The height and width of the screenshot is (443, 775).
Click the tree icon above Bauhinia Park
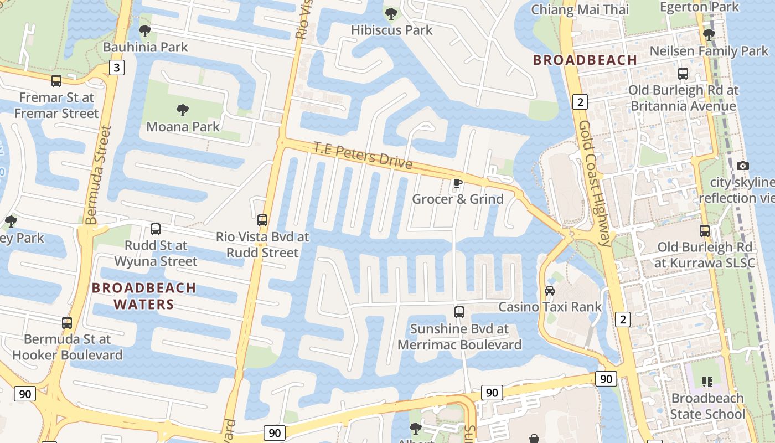click(145, 31)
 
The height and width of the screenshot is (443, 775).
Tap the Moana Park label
click(183, 126)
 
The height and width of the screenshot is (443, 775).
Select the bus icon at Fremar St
click(56, 81)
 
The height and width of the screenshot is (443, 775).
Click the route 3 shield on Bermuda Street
click(116, 68)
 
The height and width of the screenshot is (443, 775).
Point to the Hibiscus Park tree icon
click(391, 13)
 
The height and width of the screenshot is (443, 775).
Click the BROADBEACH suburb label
click(585, 60)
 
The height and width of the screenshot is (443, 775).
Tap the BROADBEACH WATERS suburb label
click(144, 296)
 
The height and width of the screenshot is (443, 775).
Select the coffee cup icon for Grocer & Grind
click(457, 183)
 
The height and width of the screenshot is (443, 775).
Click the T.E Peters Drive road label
click(363, 156)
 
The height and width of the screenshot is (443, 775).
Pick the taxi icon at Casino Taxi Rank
click(549, 291)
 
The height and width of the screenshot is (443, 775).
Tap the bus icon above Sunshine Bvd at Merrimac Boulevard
click(459, 312)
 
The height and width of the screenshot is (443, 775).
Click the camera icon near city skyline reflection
click(743, 166)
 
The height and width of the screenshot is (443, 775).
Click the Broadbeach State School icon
click(707, 382)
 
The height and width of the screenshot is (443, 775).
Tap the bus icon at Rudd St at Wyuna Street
click(156, 229)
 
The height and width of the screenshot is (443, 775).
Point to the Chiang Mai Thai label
click(580, 9)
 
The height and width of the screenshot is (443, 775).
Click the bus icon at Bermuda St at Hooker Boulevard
click(67, 322)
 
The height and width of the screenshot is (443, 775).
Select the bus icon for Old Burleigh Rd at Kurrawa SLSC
click(704, 230)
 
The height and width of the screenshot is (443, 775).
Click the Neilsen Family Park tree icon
click(709, 35)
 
